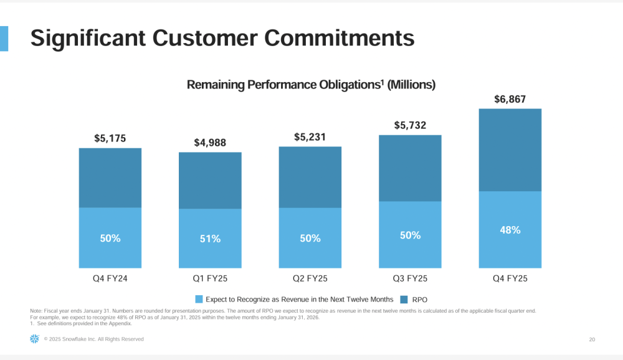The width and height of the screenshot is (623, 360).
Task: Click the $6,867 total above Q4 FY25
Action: tap(510, 99)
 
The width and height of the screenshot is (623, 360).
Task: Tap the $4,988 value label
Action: tap(210, 143)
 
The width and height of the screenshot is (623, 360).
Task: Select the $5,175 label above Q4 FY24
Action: tap(110, 138)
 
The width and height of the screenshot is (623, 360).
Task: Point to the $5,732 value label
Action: tap(410, 125)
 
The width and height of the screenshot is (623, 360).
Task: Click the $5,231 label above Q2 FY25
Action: tap(310, 137)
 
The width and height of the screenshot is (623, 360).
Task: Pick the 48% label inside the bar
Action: tap(510, 230)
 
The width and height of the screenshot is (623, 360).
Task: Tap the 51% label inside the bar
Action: tap(210, 239)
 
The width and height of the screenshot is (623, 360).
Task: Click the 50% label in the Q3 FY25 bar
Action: tap(410, 235)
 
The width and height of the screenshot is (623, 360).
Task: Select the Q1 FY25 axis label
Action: tap(210, 278)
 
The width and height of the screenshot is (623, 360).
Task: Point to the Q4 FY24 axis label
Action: tap(110, 278)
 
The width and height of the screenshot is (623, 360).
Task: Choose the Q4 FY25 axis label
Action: tap(510, 278)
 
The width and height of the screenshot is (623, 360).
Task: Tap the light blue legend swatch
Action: tap(199, 300)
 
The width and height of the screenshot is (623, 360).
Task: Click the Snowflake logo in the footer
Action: tap(34, 339)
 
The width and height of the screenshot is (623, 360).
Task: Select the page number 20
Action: tap(591, 339)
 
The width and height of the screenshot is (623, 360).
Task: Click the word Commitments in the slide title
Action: tap(340, 38)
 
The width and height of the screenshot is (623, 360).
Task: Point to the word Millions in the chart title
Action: tap(411, 85)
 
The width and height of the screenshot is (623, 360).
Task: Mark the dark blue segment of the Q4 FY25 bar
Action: tap(510, 149)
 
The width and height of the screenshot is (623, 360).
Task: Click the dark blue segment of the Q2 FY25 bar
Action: tap(310, 177)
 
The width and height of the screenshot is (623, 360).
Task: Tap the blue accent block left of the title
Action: tap(4, 39)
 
